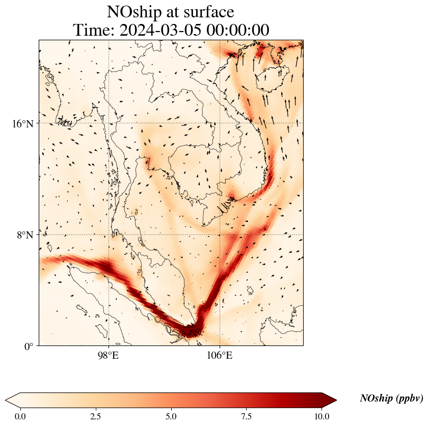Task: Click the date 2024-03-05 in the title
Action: point(161,30)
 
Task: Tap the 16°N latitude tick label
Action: point(23,123)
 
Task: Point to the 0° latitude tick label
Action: point(29,347)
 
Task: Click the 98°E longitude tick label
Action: point(108,356)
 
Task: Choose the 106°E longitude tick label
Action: point(220,356)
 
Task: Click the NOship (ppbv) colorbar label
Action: point(391,398)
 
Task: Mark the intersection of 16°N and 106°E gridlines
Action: point(220,123)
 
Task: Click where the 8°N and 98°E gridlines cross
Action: point(109,235)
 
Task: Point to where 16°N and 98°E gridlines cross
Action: point(109,123)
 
